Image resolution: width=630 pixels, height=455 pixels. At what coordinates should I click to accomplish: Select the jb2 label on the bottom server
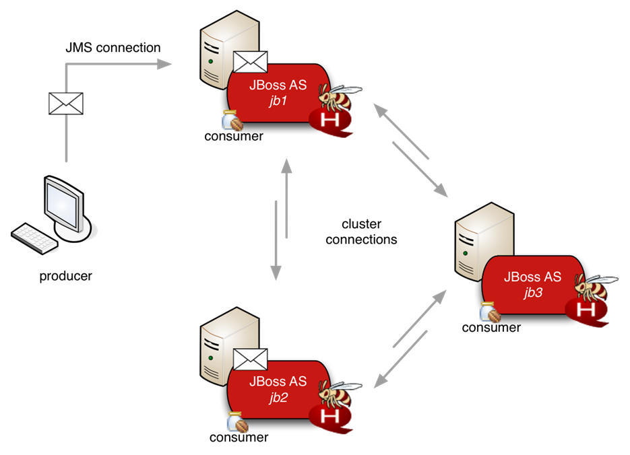(x=277, y=397)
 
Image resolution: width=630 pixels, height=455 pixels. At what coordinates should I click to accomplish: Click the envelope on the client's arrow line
(x=66, y=104)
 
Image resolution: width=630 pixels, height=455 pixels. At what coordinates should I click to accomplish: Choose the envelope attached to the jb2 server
(x=250, y=359)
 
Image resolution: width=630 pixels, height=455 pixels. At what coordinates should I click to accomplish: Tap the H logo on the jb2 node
(x=331, y=417)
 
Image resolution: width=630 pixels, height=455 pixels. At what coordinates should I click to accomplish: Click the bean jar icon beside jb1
(x=232, y=120)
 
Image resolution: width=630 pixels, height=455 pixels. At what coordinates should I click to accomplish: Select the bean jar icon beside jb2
(x=237, y=421)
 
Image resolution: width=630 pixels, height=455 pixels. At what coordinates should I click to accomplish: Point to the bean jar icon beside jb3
(x=489, y=312)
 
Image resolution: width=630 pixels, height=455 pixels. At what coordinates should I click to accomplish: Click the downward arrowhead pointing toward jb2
(x=276, y=273)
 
